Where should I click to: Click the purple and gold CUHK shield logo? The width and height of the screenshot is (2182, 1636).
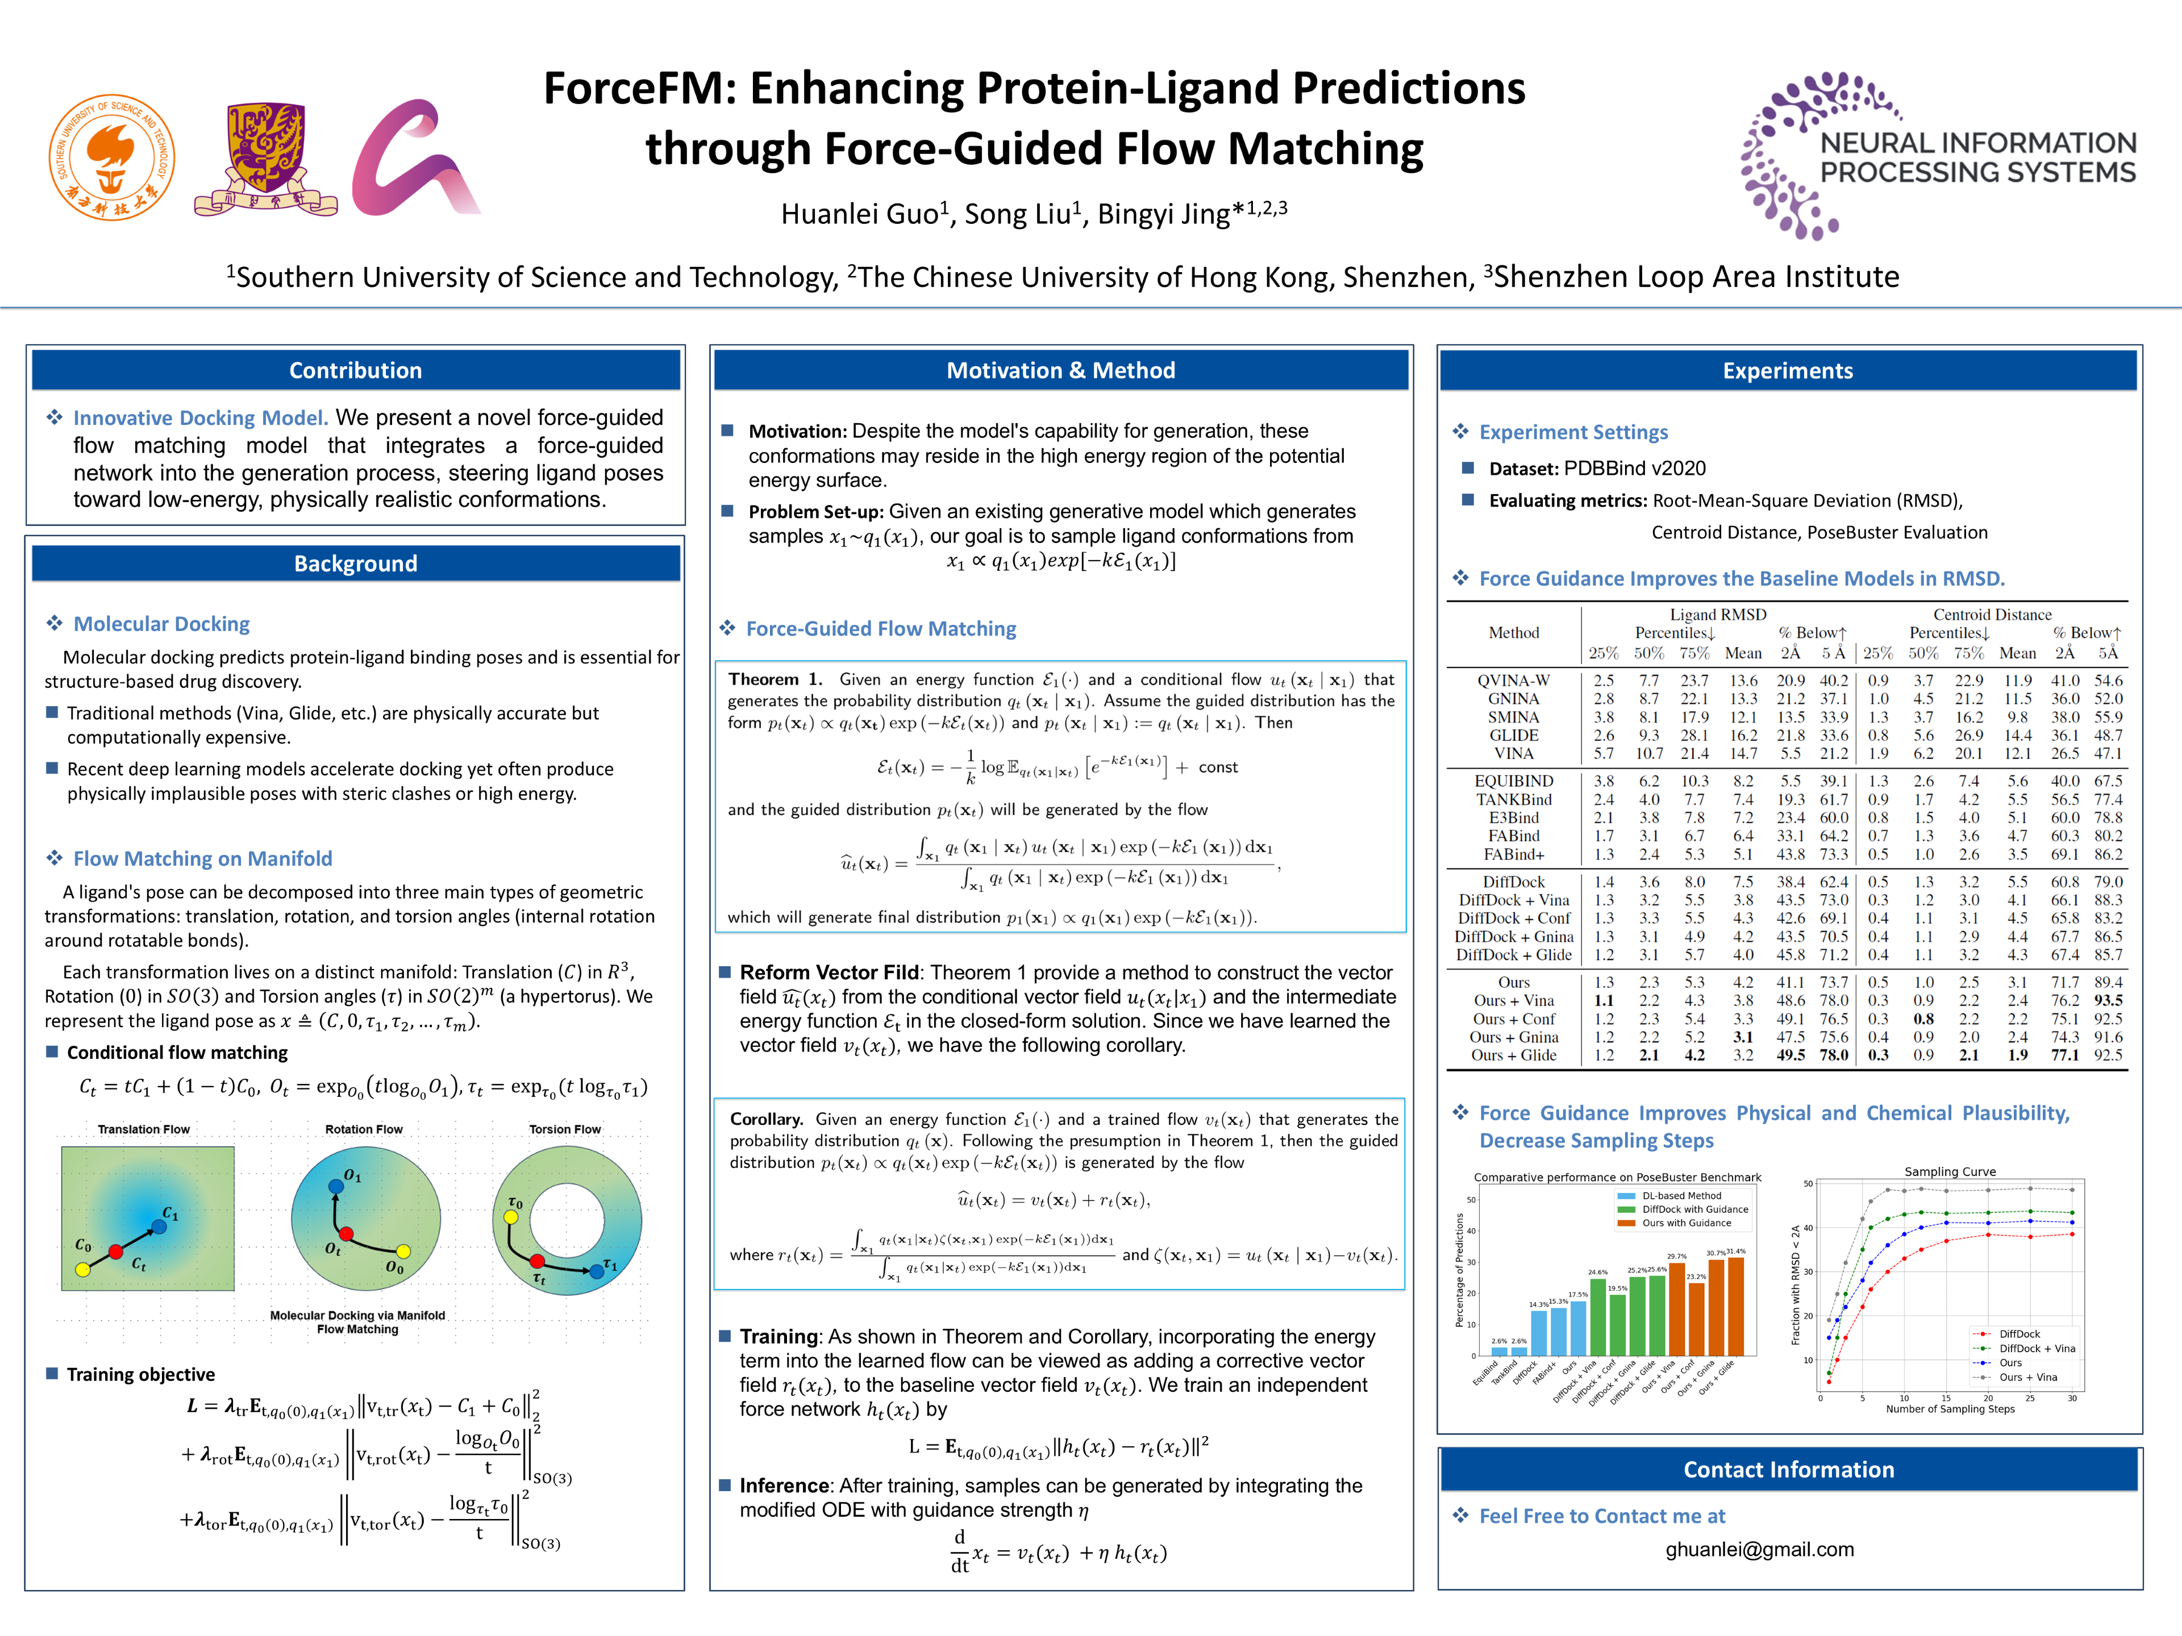click(x=266, y=158)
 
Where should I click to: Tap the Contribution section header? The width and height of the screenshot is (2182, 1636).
click(x=355, y=371)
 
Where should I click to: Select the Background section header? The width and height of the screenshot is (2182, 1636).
click(x=355, y=564)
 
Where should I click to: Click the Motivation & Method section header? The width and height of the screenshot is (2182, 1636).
click(x=1060, y=371)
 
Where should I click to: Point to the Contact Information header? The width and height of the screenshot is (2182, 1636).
click(x=1788, y=1470)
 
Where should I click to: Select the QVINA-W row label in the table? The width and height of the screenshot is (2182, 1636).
click(x=1513, y=681)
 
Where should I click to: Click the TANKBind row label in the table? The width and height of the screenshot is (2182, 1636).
click(x=1513, y=800)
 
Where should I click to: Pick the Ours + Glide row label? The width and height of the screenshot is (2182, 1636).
click(x=1513, y=1055)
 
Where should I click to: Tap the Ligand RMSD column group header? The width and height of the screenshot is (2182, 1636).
click(x=1717, y=615)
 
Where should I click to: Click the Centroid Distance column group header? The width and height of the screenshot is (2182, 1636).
click(x=1992, y=615)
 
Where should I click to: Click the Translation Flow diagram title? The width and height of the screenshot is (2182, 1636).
click(x=143, y=1129)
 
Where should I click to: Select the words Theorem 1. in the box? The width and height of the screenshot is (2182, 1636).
click(x=774, y=679)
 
